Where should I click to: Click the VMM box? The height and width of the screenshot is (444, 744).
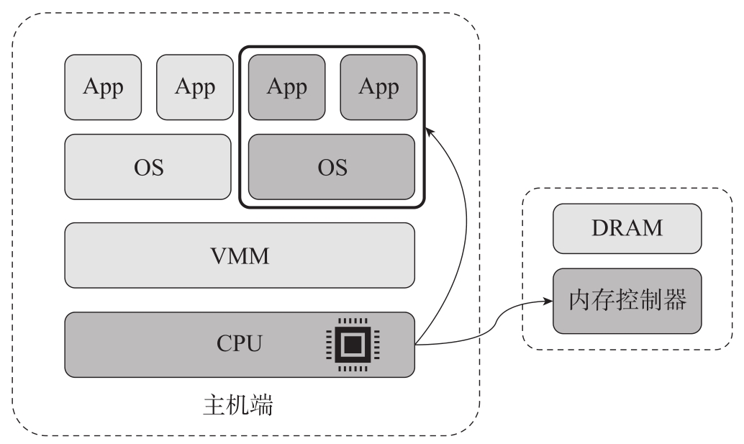pos(240,255)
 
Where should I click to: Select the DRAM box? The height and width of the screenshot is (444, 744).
pos(626,228)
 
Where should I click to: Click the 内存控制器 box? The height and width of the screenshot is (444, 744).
pos(626,301)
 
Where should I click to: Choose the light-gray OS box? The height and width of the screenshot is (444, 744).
pos(149,167)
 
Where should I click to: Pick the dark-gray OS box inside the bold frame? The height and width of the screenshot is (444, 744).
pos(332,167)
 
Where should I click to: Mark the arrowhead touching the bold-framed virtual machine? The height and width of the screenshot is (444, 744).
pos(429,129)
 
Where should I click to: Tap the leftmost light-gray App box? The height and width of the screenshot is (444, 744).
pos(103,87)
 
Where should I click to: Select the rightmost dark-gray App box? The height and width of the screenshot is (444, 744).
pos(378,87)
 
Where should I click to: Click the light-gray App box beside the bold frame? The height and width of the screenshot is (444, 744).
pos(195,87)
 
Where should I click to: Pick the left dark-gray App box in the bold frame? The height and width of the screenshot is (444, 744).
pos(286,87)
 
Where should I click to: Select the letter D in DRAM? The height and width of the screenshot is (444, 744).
pos(597,228)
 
